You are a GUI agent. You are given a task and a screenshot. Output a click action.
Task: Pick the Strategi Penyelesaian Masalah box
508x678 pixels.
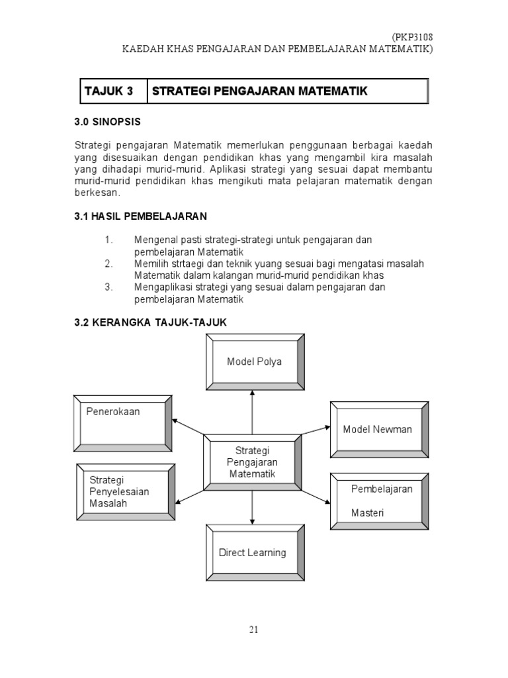pyautogui.click(x=123, y=491)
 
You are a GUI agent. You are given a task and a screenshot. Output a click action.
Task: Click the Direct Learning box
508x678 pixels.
pyautogui.click(x=253, y=552)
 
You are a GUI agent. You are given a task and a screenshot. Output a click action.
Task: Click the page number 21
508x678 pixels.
pyautogui.click(x=253, y=630)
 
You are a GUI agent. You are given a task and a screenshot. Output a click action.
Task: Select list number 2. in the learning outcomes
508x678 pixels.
pyautogui.click(x=109, y=264)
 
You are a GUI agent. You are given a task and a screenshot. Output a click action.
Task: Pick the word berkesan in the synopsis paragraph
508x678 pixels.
pyautogui.click(x=97, y=193)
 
